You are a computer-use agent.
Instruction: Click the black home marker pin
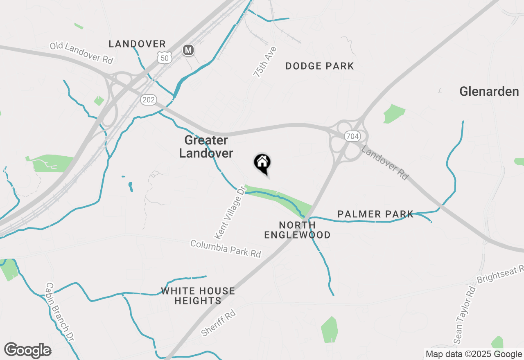point(262,163)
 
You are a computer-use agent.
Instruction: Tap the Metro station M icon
point(188,50)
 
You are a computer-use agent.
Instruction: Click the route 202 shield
point(148,99)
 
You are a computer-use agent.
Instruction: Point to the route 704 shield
point(352,136)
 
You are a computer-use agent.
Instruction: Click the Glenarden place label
point(489,91)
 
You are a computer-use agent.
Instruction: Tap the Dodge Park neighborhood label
point(319,66)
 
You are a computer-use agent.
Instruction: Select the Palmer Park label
point(375,214)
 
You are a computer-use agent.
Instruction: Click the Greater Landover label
point(206,146)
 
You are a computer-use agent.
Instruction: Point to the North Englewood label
point(297,230)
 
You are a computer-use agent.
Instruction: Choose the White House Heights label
point(198,296)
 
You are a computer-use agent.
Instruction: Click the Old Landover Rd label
point(81,52)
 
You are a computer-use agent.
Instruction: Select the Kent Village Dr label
point(230,212)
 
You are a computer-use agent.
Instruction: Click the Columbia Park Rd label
point(226,249)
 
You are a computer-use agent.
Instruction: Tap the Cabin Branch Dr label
point(60,312)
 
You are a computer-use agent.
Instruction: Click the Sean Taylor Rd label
point(464,315)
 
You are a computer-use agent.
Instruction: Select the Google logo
point(28,351)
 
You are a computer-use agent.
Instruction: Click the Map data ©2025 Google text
point(474,354)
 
